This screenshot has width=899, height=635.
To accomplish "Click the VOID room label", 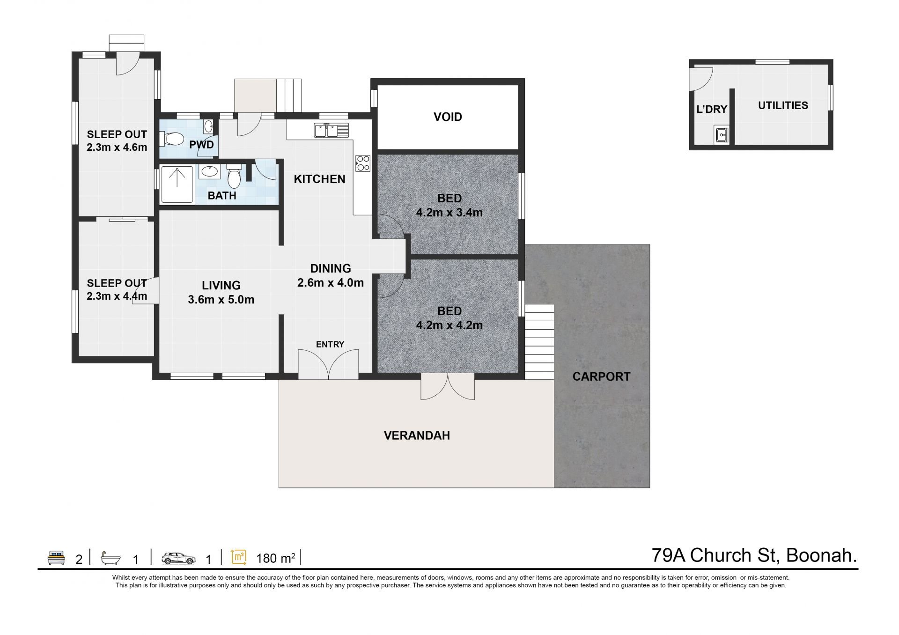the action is (448, 117).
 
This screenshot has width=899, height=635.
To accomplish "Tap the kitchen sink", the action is (332, 130).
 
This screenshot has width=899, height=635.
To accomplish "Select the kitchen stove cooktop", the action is (363, 163).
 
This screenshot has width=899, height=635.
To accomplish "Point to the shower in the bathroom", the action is (177, 185).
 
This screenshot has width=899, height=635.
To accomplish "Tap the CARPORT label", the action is (601, 377).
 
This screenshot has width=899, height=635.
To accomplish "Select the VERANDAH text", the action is (417, 436).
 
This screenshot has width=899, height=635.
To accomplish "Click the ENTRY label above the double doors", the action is (330, 345).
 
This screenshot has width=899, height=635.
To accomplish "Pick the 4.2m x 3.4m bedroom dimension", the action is (449, 213).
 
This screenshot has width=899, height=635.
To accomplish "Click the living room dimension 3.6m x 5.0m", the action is (221, 300).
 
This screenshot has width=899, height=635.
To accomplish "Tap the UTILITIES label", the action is (783, 105).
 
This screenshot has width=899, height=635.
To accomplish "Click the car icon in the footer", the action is (179, 558).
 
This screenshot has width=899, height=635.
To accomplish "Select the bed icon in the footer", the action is (56, 558).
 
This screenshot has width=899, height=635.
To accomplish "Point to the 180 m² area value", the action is (276, 558).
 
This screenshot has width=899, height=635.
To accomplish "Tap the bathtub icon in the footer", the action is (111, 558).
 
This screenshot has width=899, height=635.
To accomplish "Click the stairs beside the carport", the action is (539, 342).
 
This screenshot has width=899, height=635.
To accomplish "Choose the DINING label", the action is (331, 268).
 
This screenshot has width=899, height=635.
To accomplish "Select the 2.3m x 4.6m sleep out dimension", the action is (117, 148).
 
